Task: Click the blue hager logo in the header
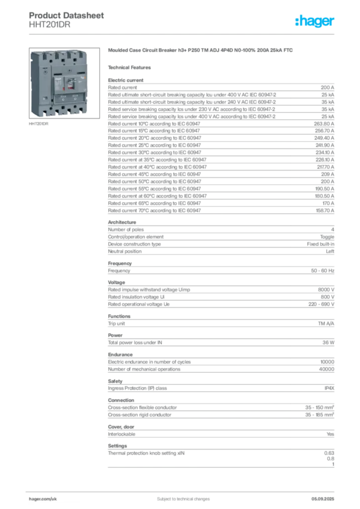coord(315,21)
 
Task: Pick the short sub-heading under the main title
coord(131,67)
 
